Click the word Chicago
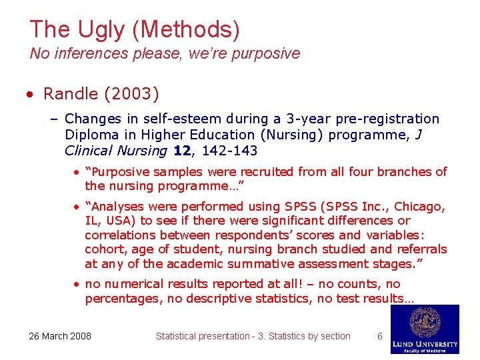click(x=418, y=206)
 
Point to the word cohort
click(x=105, y=250)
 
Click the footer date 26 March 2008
click(x=60, y=336)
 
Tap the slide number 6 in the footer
click(x=380, y=336)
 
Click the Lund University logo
click(x=425, y=329)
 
